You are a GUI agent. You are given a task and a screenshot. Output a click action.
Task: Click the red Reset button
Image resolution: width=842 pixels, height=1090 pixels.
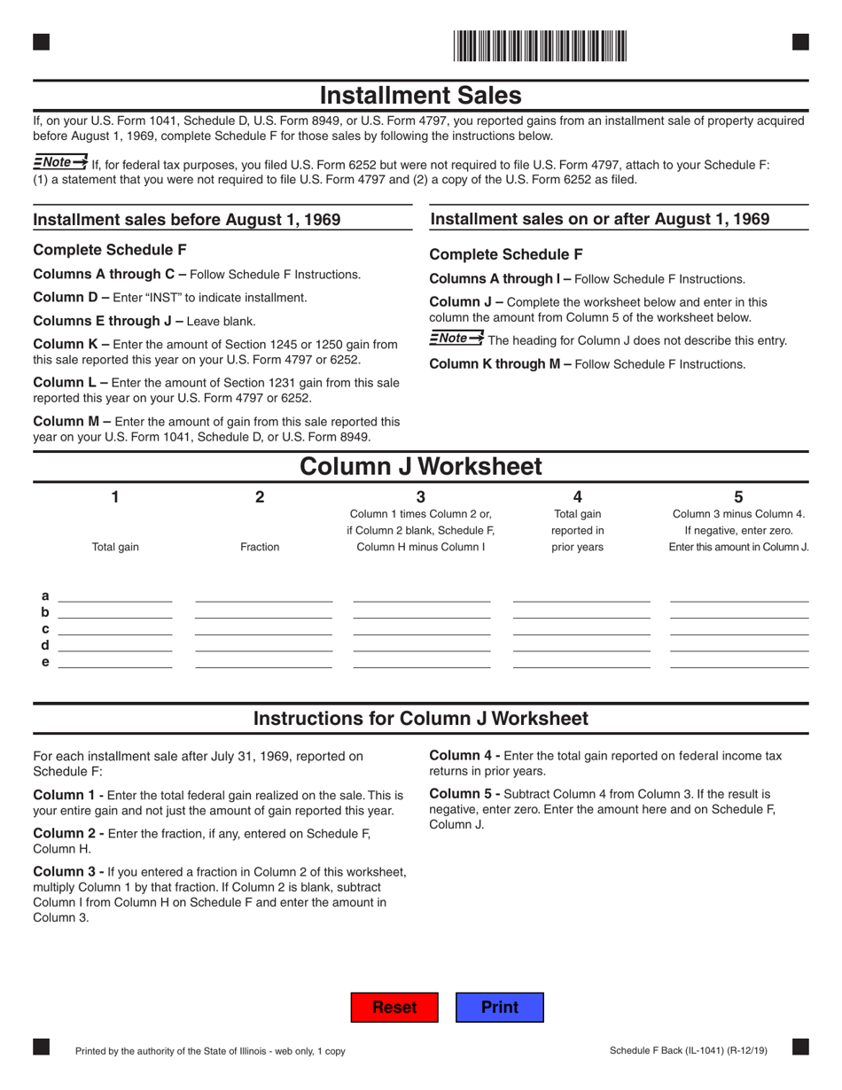pos(394,1008)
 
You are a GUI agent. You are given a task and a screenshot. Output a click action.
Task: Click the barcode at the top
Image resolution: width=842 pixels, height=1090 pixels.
pos(539,45)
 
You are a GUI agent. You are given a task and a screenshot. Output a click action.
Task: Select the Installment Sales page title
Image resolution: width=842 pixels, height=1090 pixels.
pos(420,95)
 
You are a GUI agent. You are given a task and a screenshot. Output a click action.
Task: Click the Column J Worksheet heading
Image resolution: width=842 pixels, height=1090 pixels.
pos(420,466)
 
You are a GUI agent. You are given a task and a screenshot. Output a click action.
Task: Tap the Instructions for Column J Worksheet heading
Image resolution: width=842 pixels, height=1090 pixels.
pos(420,719)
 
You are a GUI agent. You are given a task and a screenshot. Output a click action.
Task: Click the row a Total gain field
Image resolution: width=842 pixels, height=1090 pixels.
pos(114,595)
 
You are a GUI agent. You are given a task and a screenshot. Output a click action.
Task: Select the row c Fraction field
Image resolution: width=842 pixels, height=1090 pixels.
pos(263,628)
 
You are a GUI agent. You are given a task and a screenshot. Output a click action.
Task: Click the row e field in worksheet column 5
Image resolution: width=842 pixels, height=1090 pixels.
pos(739,661)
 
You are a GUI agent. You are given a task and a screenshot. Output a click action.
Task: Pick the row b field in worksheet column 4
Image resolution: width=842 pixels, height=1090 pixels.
pos(581,611)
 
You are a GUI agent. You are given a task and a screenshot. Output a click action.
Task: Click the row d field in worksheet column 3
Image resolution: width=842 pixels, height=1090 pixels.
pos(421,645)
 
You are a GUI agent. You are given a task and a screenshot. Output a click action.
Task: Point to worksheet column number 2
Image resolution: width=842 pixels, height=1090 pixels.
pos(260,498)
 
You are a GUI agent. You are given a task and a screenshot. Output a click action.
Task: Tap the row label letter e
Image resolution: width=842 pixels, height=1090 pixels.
pos(45,662)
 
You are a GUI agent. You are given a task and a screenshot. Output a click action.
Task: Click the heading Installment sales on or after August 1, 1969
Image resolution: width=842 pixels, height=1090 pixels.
pos(599,218)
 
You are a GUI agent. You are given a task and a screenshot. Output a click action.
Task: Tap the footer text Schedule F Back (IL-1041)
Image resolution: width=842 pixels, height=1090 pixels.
pos(689,1051)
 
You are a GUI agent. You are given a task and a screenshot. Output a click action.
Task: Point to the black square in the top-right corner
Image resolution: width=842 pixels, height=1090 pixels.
pos(800,41)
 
